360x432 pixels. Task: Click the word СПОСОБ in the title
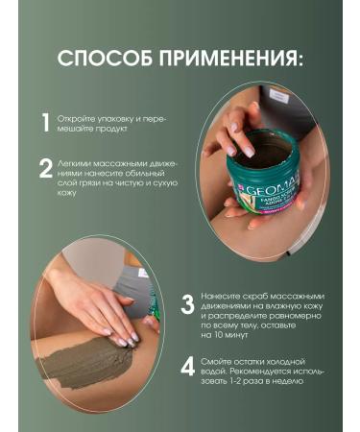(105, 59)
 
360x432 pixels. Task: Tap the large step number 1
(45, 123)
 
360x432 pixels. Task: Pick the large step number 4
(188, 367)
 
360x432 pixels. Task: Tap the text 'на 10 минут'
(225, 336)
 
